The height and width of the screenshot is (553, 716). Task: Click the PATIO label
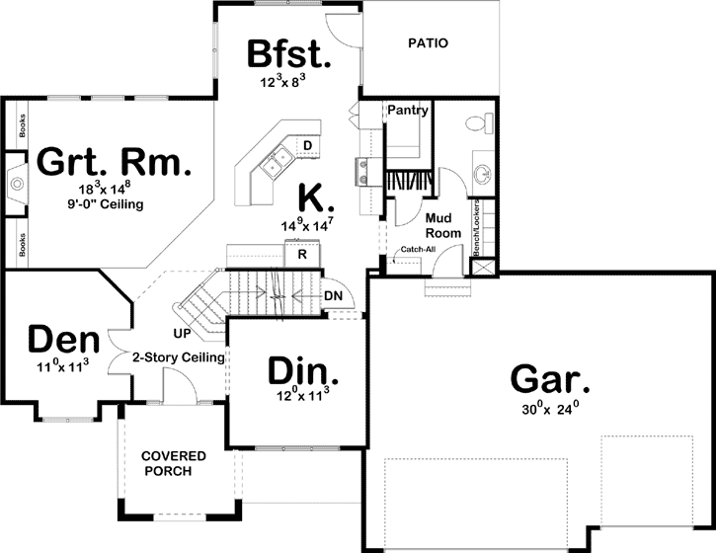(x=428, y=43)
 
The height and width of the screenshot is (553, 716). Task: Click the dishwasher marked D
(x=308, y=147)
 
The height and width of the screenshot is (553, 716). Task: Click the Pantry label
(x=407, y=111)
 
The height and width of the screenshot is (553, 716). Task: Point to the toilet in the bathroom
(x=476, y=123)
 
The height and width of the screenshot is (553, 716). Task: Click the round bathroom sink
(x=483, y=176)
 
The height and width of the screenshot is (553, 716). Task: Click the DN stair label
(x=333, y=295)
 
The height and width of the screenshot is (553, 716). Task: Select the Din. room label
(x=304, y=372)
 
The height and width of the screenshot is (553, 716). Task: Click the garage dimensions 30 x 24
(x=550, y=409)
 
